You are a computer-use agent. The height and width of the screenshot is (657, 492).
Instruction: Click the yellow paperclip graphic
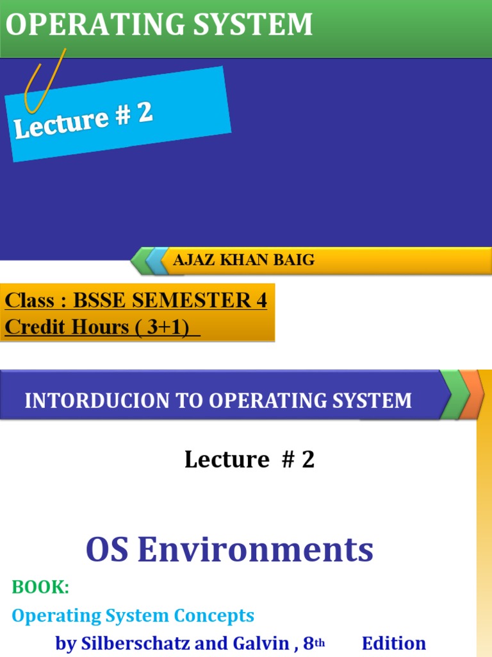[x=44, y=81]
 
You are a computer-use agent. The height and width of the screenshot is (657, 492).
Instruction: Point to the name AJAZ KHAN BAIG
[x=244, y=260]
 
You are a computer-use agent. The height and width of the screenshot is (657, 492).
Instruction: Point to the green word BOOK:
[x=40, y=587]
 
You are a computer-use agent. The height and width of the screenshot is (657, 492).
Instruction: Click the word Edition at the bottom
[x=394, y=644]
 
